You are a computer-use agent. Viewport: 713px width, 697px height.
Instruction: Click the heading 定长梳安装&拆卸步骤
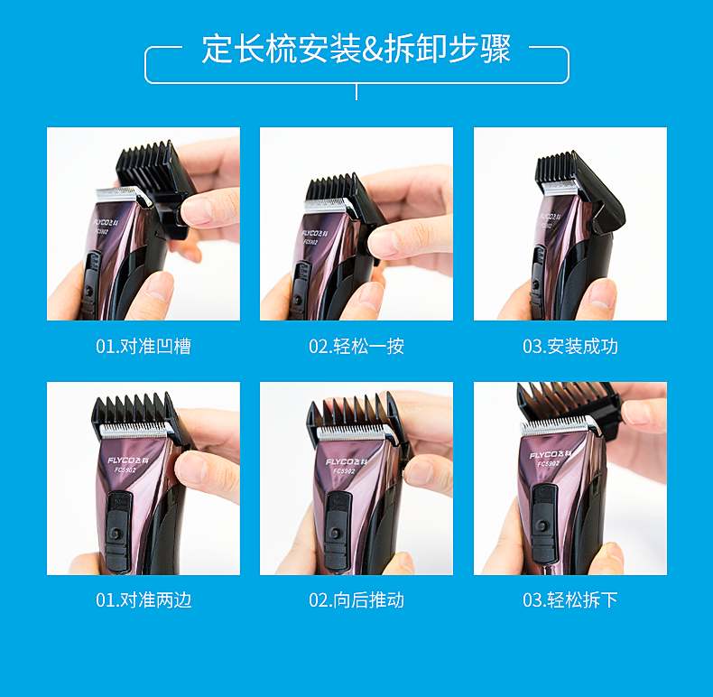[356, 49]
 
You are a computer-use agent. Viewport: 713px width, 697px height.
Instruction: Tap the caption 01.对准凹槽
[144, 347]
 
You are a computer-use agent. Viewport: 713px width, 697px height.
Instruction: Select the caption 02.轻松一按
[356, 347]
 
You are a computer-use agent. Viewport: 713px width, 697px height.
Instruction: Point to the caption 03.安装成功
[570, 347]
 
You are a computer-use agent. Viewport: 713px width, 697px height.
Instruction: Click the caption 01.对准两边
[144, 600]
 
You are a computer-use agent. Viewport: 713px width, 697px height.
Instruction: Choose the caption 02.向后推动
[356, 600]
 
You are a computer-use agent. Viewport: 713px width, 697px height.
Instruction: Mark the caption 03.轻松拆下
[570, 600]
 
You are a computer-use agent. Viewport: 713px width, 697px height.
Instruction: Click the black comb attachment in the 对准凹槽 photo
[155, 187]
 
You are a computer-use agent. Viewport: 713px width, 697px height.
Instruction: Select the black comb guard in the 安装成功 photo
[580, 192]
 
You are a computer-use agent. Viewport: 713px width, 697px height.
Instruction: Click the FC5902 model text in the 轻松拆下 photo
[549, 463]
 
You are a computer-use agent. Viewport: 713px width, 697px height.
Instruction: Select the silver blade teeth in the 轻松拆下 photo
[554, 426]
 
